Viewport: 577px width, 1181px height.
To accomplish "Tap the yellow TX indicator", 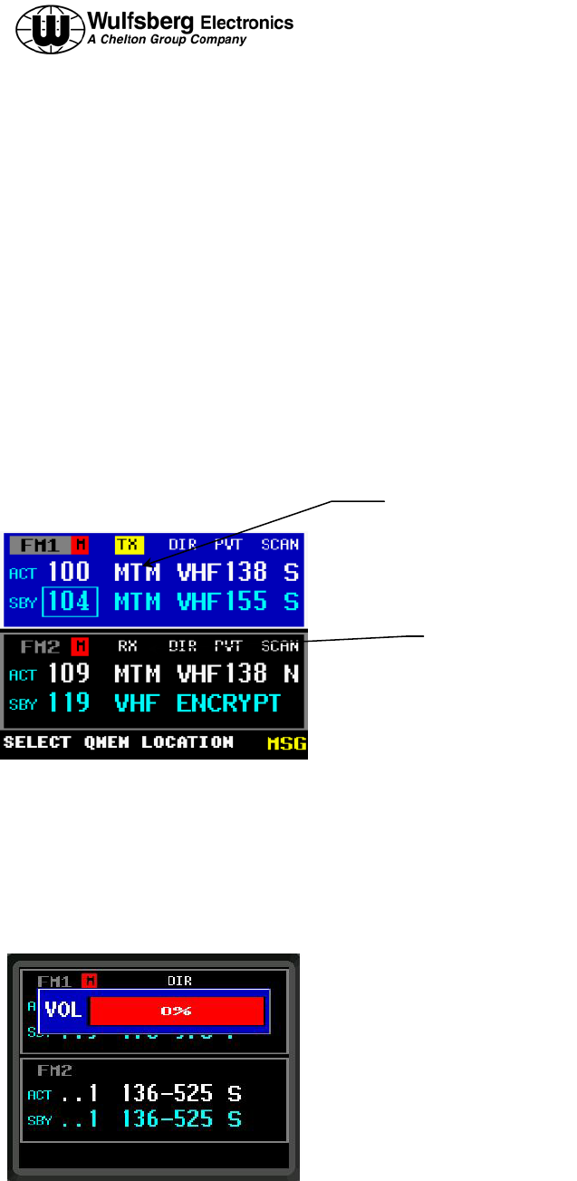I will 129,545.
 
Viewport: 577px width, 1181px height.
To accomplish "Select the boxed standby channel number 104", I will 70,601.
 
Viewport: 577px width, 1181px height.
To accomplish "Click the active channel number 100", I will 69,572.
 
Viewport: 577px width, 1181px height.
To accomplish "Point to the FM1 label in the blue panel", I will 40,545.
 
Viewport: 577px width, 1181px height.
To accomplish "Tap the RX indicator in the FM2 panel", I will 128,646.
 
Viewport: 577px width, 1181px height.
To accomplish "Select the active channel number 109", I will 69,673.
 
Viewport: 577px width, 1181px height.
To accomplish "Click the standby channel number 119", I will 69,702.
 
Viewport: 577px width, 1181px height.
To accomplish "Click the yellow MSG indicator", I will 287,744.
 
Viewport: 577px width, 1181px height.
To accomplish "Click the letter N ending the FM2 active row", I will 292,673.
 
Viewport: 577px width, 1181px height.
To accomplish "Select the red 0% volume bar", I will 177,1011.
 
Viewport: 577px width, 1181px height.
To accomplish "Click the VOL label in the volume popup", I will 63,1010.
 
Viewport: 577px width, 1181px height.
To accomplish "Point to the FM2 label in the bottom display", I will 54,1070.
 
